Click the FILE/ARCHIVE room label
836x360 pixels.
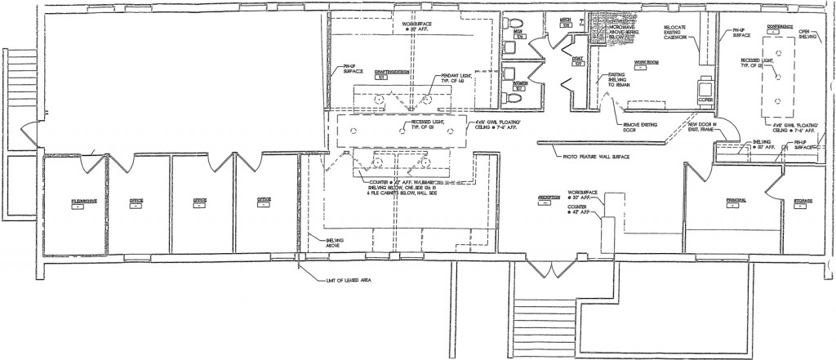coord(78,200)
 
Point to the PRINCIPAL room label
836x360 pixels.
coord(737,200)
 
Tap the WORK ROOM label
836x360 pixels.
coord(647,61)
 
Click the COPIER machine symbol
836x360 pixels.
coord(706,88)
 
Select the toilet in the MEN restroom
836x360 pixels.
coord(516,33)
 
